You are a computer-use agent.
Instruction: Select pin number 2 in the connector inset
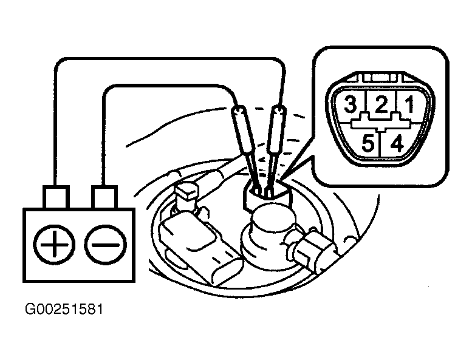click(x=381, y=105)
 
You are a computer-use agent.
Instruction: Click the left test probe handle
click(x=241, y=128)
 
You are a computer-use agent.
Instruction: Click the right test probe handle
click(x=276, y=127)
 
